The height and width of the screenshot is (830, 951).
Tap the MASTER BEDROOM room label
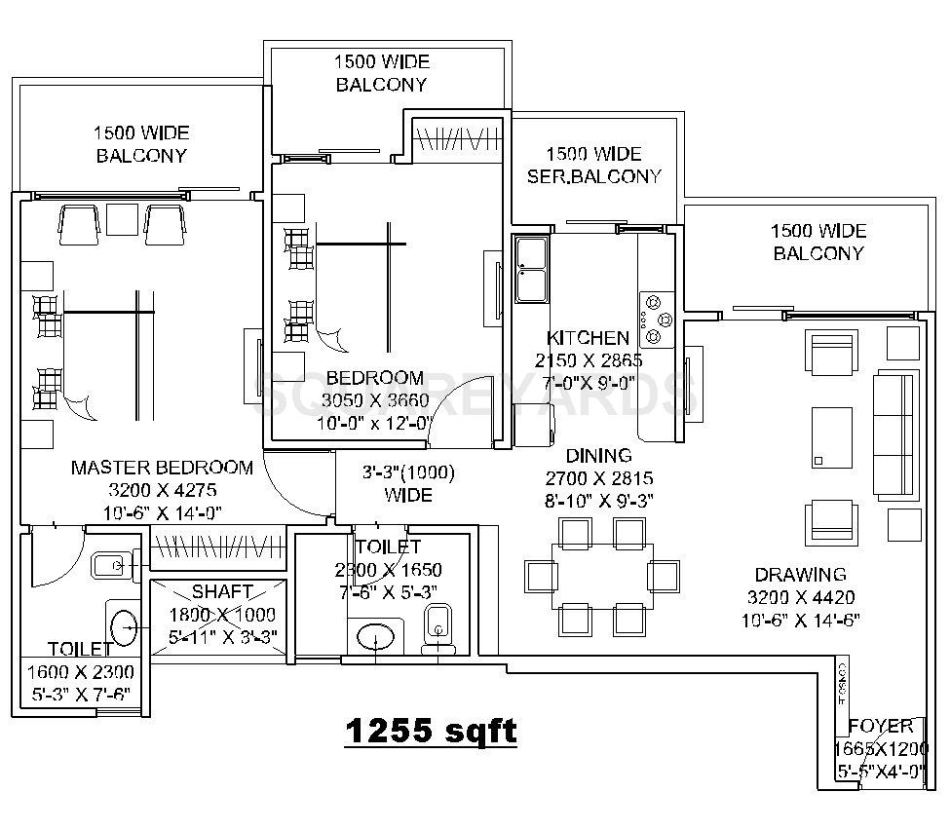162,468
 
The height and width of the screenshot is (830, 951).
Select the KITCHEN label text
588,338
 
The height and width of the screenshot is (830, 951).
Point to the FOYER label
881,726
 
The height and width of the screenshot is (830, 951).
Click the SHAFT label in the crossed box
222,592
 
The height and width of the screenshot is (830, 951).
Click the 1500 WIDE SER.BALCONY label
593,166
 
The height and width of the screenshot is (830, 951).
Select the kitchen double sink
531,268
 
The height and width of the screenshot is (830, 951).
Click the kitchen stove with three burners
656,318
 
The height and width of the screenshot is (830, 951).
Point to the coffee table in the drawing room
831,439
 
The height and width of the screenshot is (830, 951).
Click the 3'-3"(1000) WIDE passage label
408,484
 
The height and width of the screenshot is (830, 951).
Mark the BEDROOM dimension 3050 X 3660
375,400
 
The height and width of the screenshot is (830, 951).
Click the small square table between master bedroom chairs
122,220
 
